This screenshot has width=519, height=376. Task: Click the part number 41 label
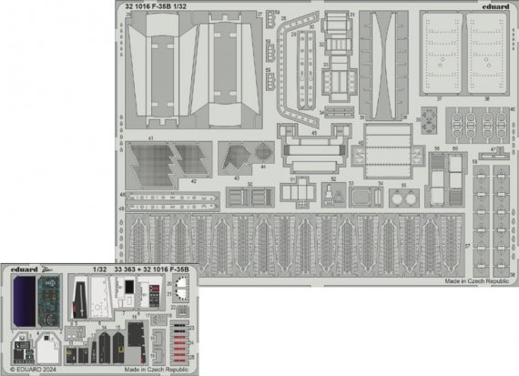coord(151,138)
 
